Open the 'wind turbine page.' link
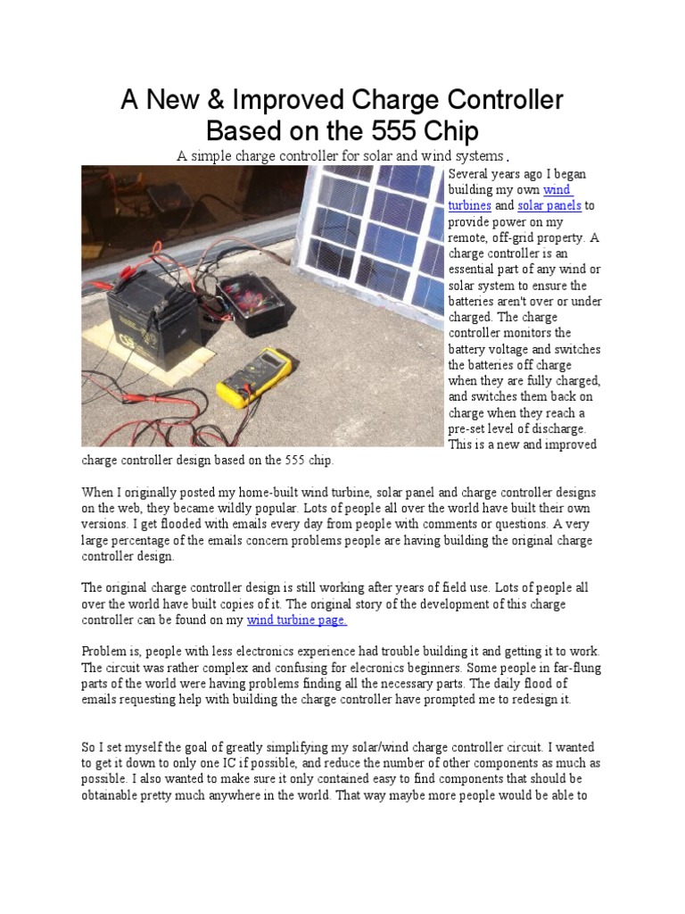[297, 620]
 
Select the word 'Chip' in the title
[450, 130]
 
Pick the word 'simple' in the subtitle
[212, 156]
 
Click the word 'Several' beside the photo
[471, 173]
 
